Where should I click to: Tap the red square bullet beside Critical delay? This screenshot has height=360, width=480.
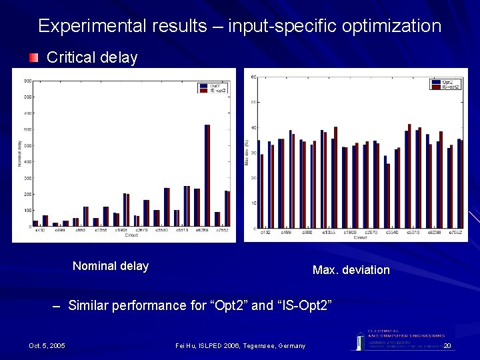point(34,58)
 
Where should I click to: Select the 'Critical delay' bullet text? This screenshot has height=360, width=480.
point(92,58)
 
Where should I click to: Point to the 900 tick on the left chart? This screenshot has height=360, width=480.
point(28,81)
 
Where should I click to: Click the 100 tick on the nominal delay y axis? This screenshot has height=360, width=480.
point(28,211)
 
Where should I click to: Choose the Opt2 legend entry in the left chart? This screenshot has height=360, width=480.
point(213,85)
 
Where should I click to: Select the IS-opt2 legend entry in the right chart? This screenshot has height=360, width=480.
point(447,87)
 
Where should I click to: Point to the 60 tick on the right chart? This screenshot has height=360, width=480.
point(254,77)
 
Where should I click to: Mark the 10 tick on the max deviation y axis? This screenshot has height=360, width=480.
point(254,203)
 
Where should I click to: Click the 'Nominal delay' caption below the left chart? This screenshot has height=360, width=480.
point(111,266)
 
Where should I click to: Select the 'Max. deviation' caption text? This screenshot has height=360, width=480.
point(351,270)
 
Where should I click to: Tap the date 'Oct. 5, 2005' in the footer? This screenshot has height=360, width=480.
point(47,345)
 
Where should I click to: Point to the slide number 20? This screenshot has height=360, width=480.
point(447,345)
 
